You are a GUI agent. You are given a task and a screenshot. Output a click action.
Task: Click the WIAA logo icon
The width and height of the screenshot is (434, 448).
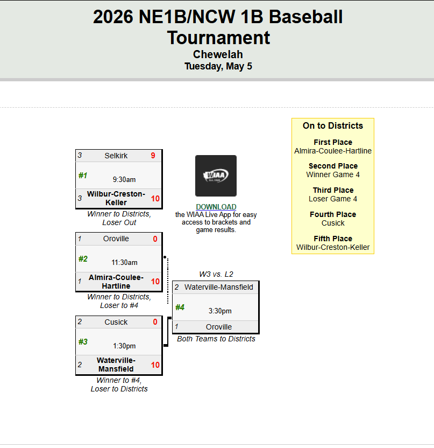[x=216, y=176]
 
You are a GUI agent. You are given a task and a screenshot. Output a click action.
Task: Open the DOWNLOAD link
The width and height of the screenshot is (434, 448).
[x=216, y=207]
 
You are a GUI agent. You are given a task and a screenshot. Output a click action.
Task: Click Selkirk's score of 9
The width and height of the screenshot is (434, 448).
[x=153, y=156]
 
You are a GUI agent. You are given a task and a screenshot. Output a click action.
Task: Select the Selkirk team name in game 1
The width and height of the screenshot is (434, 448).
[x=116, y=156]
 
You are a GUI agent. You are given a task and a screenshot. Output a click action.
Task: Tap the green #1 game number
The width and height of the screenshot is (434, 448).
[x=83, y=176]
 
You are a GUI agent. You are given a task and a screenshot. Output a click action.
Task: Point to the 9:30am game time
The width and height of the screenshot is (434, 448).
[x=124, y=179]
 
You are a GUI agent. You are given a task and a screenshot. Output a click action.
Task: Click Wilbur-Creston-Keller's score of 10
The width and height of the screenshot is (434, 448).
[x=155, y=199]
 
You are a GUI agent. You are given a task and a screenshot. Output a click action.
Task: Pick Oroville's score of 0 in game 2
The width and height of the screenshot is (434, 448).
[x=155, y=239]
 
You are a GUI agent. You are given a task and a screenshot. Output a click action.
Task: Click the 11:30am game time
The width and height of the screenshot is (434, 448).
[x=124, y=262]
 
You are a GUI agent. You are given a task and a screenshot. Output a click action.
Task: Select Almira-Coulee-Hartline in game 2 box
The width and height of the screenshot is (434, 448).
[x=116, y=282]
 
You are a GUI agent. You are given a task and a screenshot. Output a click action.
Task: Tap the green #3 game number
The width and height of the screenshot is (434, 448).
[x=83, y=342]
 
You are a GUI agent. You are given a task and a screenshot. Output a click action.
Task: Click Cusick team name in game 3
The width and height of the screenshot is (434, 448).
[x=116, y=322]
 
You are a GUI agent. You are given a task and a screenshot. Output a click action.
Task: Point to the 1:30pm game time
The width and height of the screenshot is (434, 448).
[x=124, y=346]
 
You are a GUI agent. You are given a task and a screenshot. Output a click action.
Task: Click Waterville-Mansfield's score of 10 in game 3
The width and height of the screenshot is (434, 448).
[x=155, y=365]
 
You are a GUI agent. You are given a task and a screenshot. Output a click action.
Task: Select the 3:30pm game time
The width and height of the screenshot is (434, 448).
[x=220, y=311]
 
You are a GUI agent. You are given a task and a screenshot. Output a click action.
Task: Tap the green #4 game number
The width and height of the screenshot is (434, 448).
[x=180, y=307]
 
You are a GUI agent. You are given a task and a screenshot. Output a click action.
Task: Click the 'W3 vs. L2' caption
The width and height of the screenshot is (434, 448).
[x=216, y=274]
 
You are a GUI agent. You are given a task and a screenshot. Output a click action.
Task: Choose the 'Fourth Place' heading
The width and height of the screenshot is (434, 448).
[x=333, y=214]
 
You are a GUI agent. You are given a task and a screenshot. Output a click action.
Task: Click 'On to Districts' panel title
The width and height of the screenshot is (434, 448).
[x=333, y=125]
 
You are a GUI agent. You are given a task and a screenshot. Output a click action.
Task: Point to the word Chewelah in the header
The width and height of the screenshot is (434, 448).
[x=218, y=54]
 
